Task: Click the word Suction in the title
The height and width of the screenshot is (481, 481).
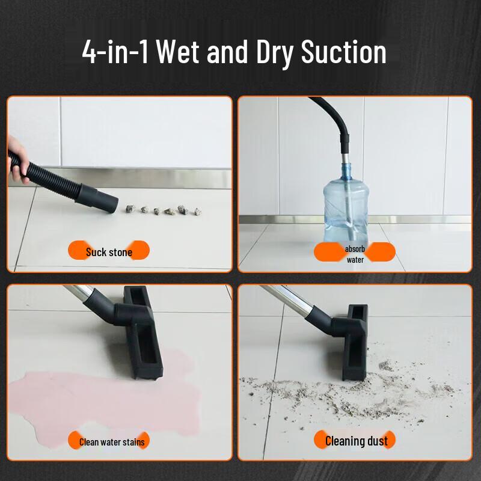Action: click(343, 52)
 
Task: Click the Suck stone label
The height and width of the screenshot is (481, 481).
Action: click(109, 252)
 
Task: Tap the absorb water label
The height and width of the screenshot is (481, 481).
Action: click(355, 254)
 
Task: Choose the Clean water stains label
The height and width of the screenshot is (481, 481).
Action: click(112, 442)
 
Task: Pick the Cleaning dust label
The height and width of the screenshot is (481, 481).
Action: click(356, 441)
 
